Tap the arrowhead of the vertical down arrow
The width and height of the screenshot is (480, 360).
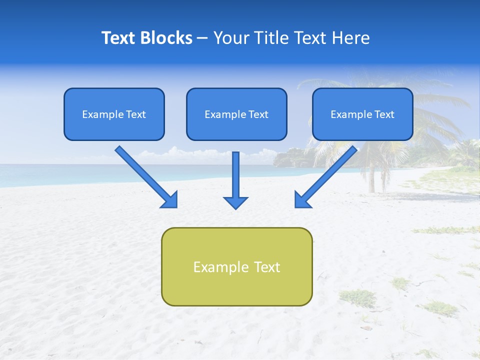(x=235, y=202)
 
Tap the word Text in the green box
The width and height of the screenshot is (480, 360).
(x=267, y=267)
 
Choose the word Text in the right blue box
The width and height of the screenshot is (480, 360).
(x=384, y=114)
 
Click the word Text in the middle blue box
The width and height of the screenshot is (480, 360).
(x=258, y=114)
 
